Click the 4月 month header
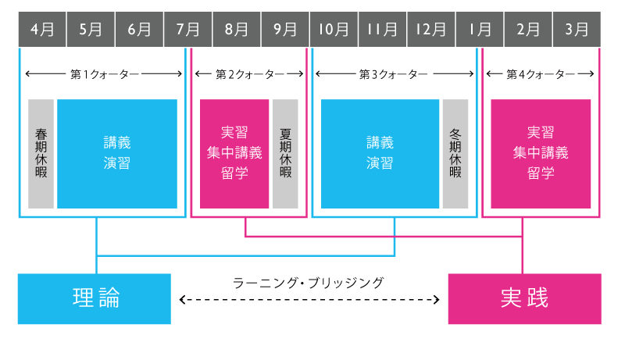[x=42, y=30]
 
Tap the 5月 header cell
[x=91, y=30]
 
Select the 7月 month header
[x=187, y=30]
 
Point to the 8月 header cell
[x=237, y=30]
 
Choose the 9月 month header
[x=285, y=30]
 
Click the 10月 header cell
[x=334, y=30]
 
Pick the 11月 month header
[x=382, y=30]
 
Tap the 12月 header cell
[x=431, y=30]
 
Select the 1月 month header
[x=480, y=30]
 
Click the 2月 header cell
[x=528, y=30]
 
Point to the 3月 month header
[x=577, y=30]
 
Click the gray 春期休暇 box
[x=41, y=154]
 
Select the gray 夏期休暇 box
[x=285, y=154]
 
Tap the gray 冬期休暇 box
[x=455, y=154]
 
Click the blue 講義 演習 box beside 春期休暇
[x=117, y=154]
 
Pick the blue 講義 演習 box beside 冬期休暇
[x=380, y=154]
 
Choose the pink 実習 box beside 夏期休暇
[x=234, y=154]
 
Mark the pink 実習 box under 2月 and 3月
[x=541, y=154]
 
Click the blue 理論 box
[x=94, y=298]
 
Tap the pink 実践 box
[x=524, y=298]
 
